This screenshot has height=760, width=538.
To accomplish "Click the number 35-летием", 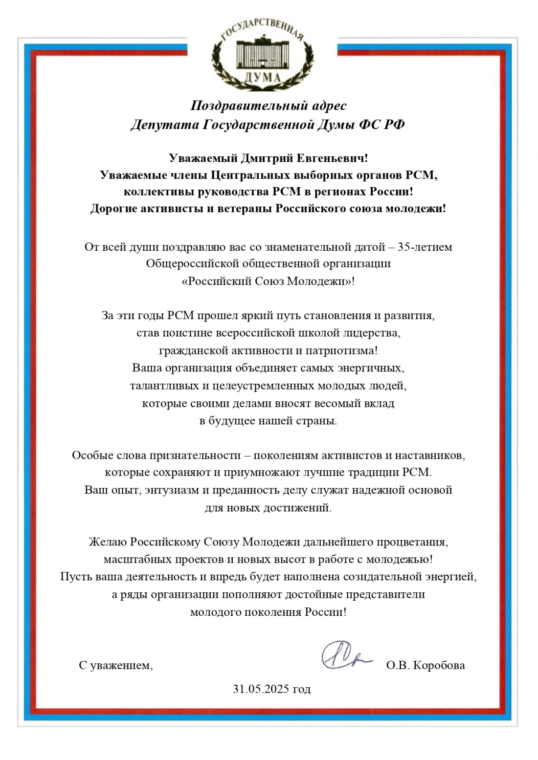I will pyautogui.click(x=425, y=247).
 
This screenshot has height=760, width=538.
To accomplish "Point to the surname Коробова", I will pyautogui.click(x=439, y=665).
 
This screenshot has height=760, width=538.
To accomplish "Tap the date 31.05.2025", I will pyautogui.click(x=261, y=689).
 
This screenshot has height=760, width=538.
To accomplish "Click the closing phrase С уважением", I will pyautogui.click(x=115, y=665).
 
